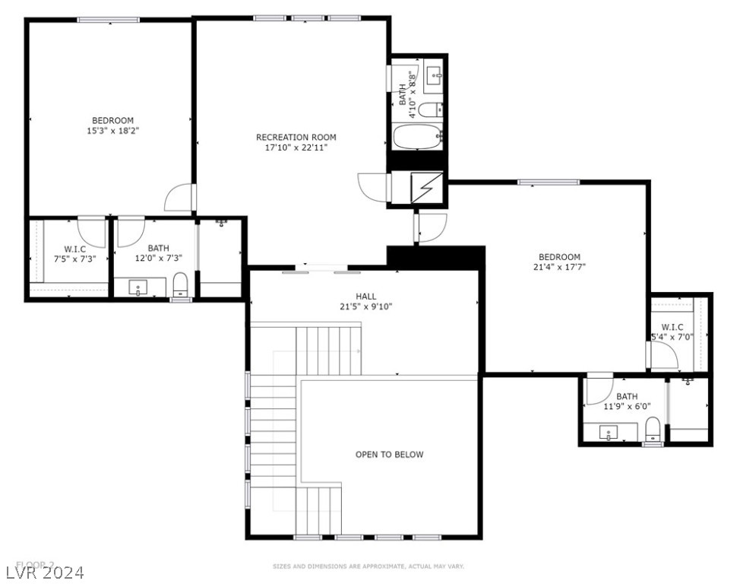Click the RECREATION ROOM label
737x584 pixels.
[296, 138]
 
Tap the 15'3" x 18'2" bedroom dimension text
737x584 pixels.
[113, 131]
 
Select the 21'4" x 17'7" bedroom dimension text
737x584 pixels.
[559, 267]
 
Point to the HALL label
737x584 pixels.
[366, 297]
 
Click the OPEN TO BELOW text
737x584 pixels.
[389, 455]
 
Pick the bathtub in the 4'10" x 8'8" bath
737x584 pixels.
[417, 138]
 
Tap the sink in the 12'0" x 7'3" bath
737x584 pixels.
[139, 288]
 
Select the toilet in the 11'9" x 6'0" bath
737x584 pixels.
[652, 431]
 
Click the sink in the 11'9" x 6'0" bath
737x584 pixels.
[609, 433]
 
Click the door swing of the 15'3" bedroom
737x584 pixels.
[179, 198]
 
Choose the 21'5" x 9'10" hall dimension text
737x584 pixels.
[366, 307]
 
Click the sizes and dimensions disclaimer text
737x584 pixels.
[368, 567]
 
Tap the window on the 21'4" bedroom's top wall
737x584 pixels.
[548, 182]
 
